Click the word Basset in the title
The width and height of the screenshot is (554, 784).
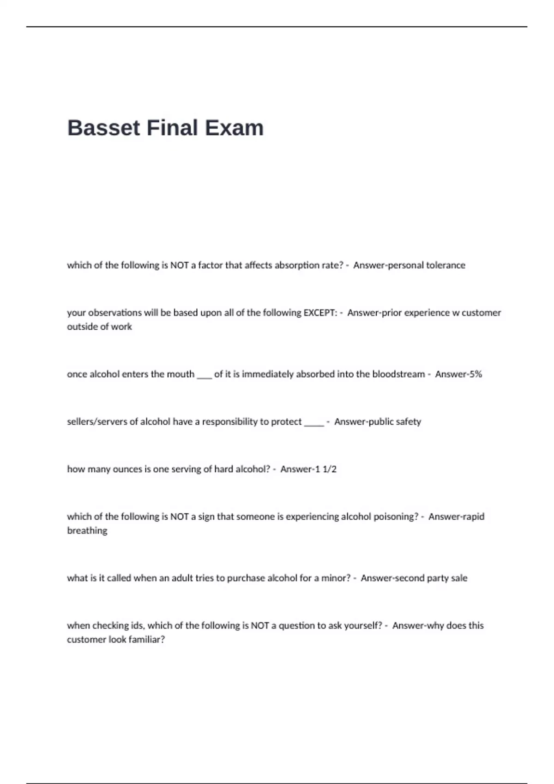tap(104, 128)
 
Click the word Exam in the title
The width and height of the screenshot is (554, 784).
tap(234, 128)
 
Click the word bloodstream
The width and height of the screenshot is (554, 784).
tap(398, 374)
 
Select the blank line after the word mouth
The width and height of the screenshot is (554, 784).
tap(204, 376)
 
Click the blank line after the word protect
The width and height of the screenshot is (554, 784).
tap(314, 423)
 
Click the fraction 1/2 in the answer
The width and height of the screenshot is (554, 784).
tap(330, 469)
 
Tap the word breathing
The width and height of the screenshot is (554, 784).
tap(87, 530)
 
